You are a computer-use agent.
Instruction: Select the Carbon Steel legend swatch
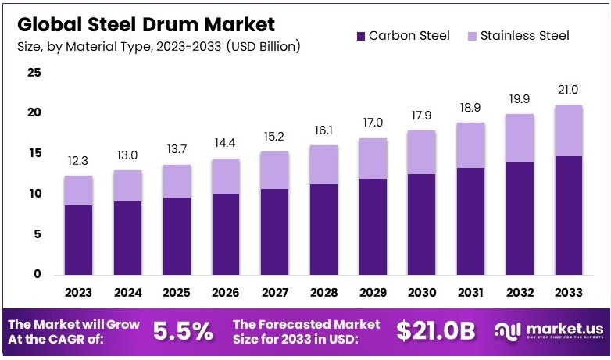[360, 36]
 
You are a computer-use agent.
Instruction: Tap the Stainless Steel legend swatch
[472, 36]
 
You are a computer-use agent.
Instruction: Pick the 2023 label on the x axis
[78, 294]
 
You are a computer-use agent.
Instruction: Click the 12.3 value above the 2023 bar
[78, 161]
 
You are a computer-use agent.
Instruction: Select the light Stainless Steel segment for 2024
[127, 186]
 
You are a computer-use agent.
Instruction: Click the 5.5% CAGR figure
[183, 330]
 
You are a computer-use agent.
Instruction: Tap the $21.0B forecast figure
[434, 330]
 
